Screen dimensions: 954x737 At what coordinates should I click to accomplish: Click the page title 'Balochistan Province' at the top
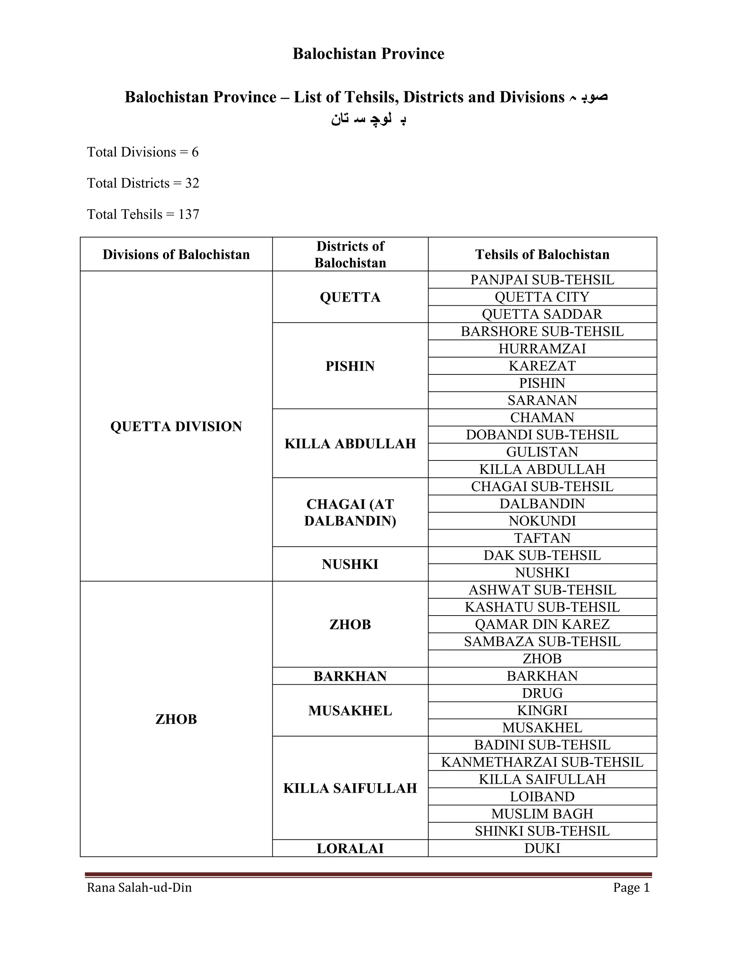tap(368, 54)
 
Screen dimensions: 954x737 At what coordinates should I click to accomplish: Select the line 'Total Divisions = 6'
tap(143, 152)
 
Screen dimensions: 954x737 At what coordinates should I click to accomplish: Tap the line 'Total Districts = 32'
tap(143, 183)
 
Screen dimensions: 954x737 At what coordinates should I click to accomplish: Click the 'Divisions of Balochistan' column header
tap(176, 254)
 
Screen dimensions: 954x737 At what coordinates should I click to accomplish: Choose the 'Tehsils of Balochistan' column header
tap(542, 254)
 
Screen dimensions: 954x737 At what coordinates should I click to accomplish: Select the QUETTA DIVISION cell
tap(176, 426)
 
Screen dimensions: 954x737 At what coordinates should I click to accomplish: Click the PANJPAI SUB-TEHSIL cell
tap(542, 280)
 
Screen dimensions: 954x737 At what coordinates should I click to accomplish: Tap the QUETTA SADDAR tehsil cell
tap(542, 314)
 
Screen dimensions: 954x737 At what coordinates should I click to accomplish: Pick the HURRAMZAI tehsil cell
tap(542, 348)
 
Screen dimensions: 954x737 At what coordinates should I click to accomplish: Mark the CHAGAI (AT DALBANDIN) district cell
tap(350, 512)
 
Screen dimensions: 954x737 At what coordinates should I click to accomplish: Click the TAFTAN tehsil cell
tap(542, 538)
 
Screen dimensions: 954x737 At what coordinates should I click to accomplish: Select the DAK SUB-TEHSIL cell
tap(542, 555)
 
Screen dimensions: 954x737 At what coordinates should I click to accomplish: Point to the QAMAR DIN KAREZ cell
tap(542, 624)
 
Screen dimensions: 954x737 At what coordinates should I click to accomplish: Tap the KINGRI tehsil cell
tap(542, 710)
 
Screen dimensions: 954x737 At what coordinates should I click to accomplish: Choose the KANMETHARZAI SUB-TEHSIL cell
tap(542, 762)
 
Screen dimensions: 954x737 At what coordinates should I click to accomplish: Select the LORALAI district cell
tap(350, 848)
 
